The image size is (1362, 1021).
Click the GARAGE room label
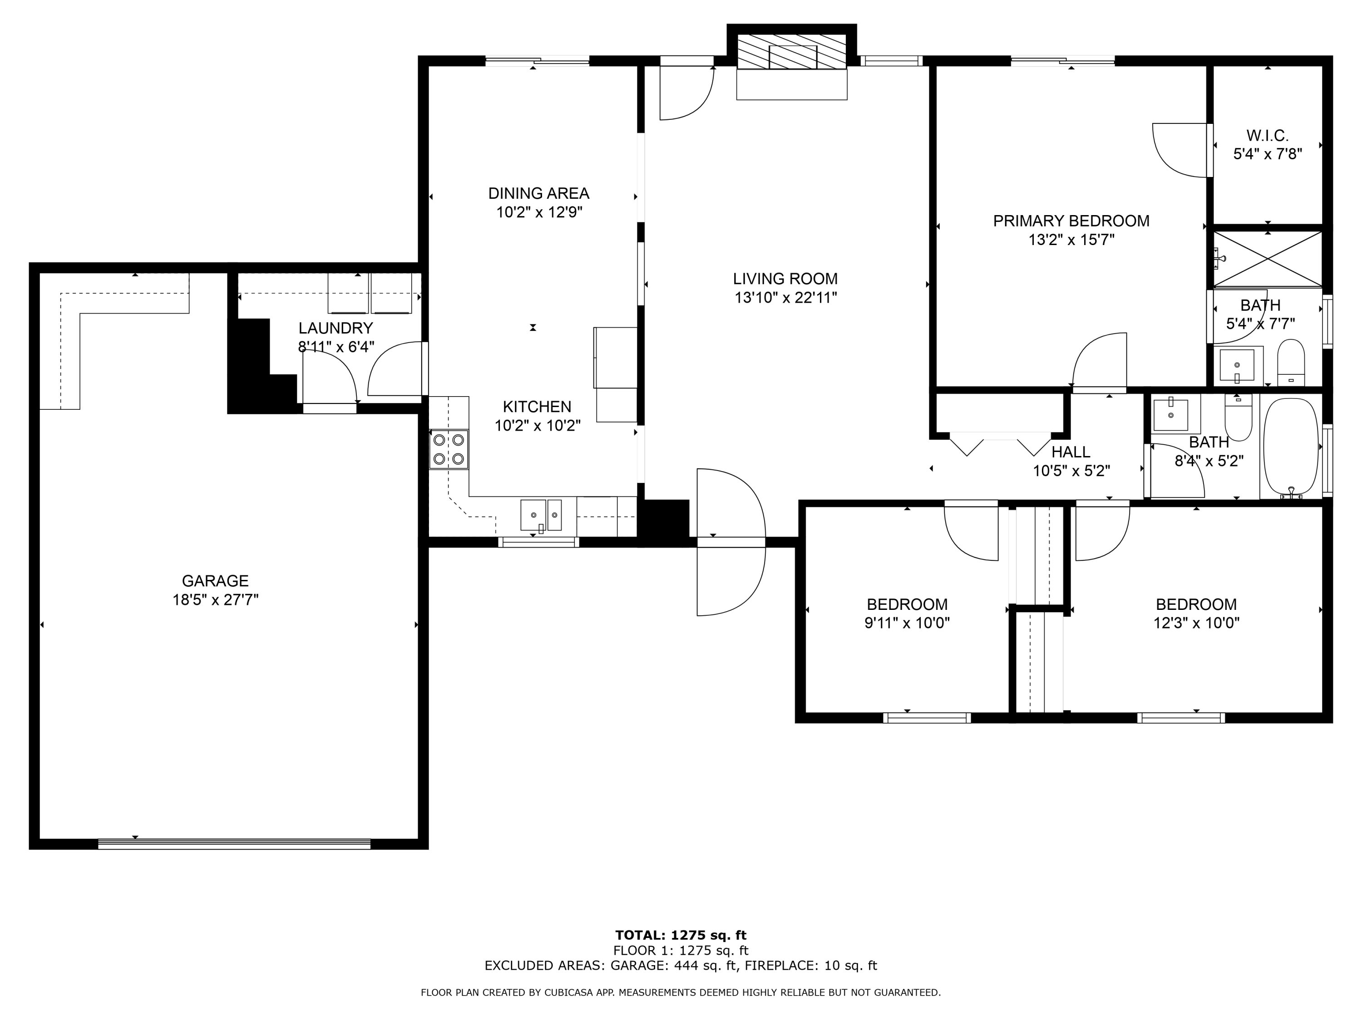(215, 580)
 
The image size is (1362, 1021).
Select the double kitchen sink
(541, 515)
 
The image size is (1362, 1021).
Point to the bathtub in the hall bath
(1291, 447)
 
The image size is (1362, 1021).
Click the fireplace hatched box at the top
(792, 51)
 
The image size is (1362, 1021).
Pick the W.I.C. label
(1267, 135)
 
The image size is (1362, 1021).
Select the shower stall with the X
(1267, 259)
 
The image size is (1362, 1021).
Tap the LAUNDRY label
(336, 328)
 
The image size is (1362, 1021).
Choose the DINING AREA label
(539, 193)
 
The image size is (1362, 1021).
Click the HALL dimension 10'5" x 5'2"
(1071, 471)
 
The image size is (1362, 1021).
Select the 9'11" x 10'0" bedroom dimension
(907, 623)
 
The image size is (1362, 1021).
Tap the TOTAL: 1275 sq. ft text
(681, 935)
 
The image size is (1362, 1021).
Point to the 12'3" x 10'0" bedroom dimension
(1196, 623)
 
